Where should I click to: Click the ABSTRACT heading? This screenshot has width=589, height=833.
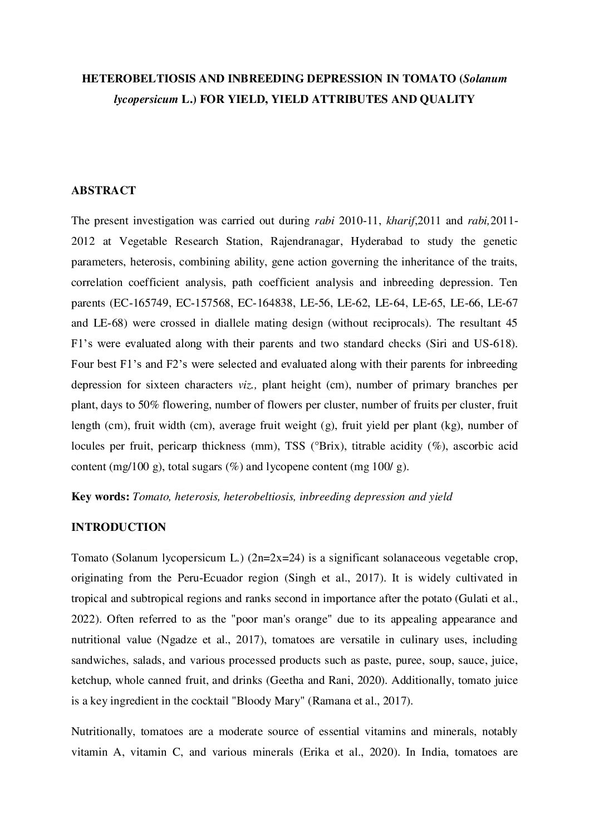pos(104,191)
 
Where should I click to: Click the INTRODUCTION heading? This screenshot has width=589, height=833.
pos(119,527)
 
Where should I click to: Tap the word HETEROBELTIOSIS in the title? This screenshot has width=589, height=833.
pos(131,79)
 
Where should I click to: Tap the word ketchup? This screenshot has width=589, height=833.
pos(89,681)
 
